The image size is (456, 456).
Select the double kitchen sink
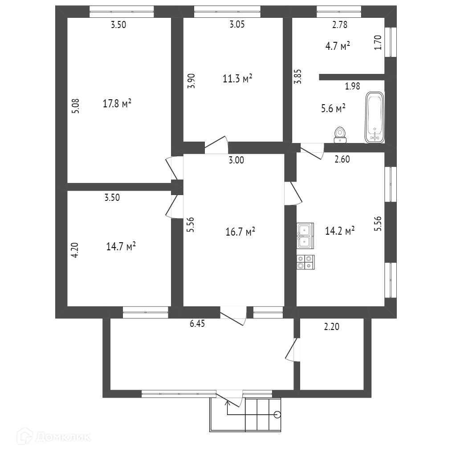point(305,236)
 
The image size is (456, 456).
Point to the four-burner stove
point(305,261)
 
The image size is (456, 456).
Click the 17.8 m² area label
point(117,104)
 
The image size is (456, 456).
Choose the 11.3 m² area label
point(238,79)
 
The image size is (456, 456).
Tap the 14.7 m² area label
point(121,246)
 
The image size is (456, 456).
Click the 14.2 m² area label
point(340,230)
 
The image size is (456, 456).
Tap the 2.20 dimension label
point(331,327)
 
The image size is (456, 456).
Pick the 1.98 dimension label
point(352,86)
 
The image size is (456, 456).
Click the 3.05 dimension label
point(237,25)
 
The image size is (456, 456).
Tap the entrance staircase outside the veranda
point(264,415)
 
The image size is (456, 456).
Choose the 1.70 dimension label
point(379,42)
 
